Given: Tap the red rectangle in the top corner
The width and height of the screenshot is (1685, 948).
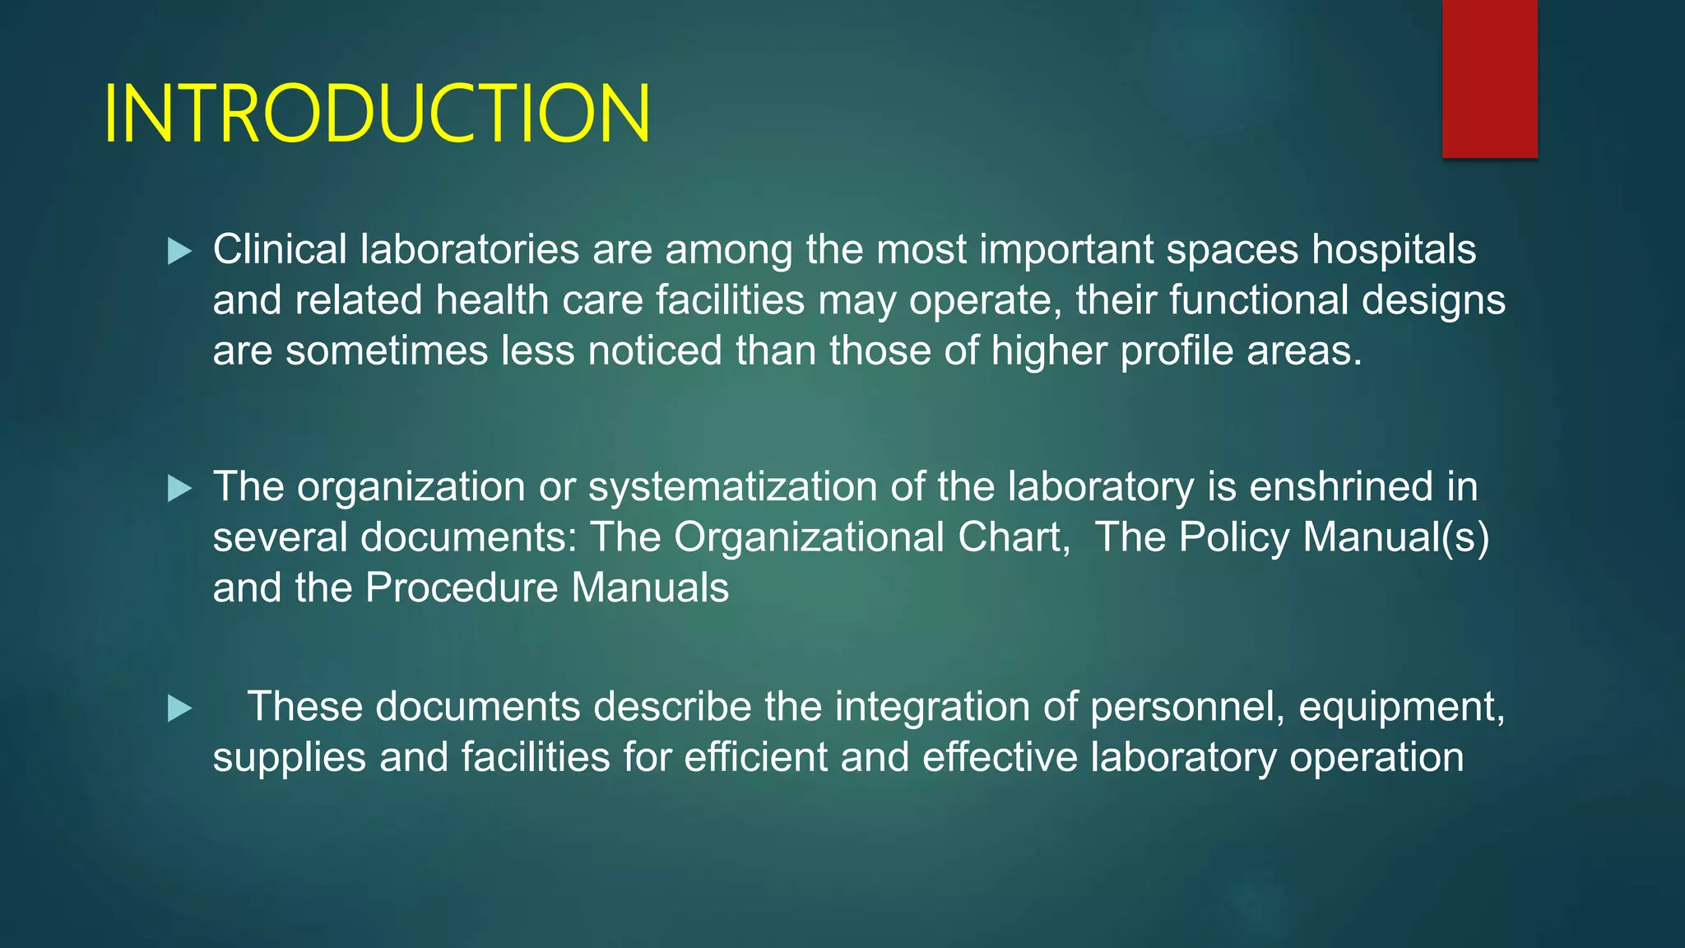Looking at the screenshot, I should [x=1489, y=78].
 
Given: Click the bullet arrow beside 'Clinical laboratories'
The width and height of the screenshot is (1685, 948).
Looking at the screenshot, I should [x=179, y=251].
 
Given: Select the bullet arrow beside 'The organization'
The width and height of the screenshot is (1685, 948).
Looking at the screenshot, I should [x=179, y=489].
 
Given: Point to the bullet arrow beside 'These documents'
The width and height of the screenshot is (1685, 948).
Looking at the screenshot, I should [x=179, y=709].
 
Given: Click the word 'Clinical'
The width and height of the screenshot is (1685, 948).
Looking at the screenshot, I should [x=280, y=249].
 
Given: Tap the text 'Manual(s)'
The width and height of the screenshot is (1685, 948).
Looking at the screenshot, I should [x=1396, y=537].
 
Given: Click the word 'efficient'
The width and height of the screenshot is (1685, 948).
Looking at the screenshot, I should [x=755, y=757].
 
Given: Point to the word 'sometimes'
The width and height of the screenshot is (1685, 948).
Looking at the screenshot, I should [x=386, y=351].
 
